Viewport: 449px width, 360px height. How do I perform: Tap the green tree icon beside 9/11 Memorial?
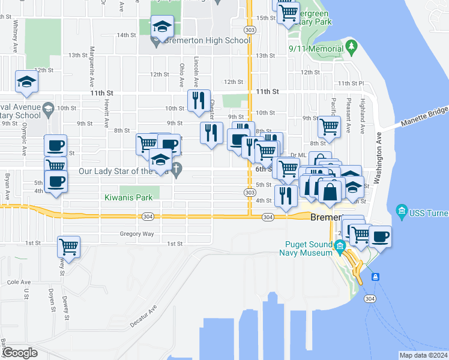point(351,46)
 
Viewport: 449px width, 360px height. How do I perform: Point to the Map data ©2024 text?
point(423,355)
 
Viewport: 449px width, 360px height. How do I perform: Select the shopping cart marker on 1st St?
point(69,246)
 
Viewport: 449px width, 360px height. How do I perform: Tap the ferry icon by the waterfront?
point(376,277)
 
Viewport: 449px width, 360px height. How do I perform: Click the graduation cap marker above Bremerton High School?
point(163,26)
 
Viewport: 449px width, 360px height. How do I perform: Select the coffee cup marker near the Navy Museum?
point(379,236)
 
